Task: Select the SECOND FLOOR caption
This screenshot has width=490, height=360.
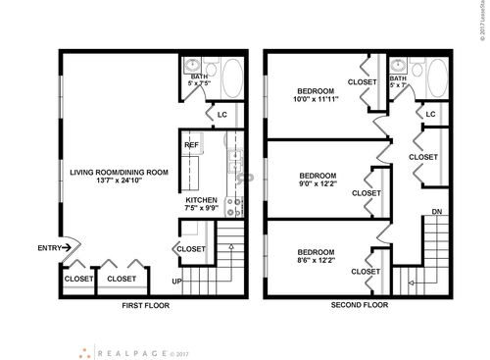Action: (x=360, y=305)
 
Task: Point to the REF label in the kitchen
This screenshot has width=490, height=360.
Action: (x=192, y=146)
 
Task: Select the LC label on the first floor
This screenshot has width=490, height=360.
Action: (x=222, y=115)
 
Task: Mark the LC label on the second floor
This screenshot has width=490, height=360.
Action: (x=430, y=115)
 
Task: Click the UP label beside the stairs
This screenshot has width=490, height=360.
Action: (x=177, y=282)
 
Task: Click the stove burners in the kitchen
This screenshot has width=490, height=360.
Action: (x=234, y=207)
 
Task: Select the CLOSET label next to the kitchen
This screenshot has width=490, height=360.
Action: (x=191, y=249)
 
